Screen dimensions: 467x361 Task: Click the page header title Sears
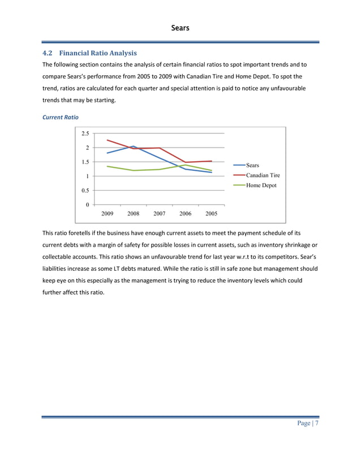tap(180, 27)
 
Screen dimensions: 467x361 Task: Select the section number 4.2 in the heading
tap(48, 53)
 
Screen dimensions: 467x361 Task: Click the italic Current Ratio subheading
tap(61, 116)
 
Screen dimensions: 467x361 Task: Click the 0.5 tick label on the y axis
tap(84, 191)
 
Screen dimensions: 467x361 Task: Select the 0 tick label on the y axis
tap(87, 205)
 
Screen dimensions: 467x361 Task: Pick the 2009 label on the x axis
tap(107, 214)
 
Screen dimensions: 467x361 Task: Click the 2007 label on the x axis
tap(160, 214)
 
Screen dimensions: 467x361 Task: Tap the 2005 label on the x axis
tap(212, 214)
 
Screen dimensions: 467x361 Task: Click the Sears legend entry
tap(252, 165)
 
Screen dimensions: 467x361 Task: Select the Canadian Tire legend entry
tap(263, 175)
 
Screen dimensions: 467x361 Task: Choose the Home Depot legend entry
tap(261, 185)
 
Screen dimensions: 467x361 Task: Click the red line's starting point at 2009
tap(108, 140)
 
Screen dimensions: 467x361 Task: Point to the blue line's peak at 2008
tap(133, 146)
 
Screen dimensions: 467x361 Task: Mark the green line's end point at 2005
tap(212, 170)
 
